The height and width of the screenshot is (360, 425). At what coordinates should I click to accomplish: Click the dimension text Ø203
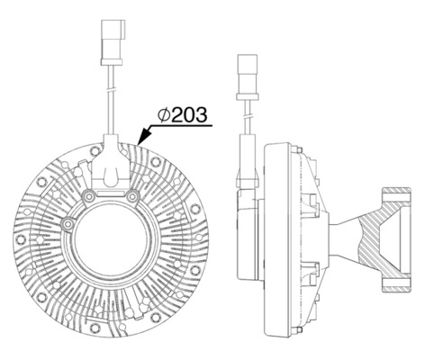pyautogui.click(x=185, y=114)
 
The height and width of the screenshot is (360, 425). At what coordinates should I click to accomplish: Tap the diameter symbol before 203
pyautogui.click(x=164, y=114)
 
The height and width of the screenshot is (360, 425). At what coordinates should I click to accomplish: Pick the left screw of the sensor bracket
pyautogui.click(x=87, y=195)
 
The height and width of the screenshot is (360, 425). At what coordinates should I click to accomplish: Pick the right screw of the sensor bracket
pyautogui.click(x=132, y=195)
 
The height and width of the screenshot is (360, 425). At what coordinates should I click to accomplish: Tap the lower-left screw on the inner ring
pyautogui.click(x=69, y=221)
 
